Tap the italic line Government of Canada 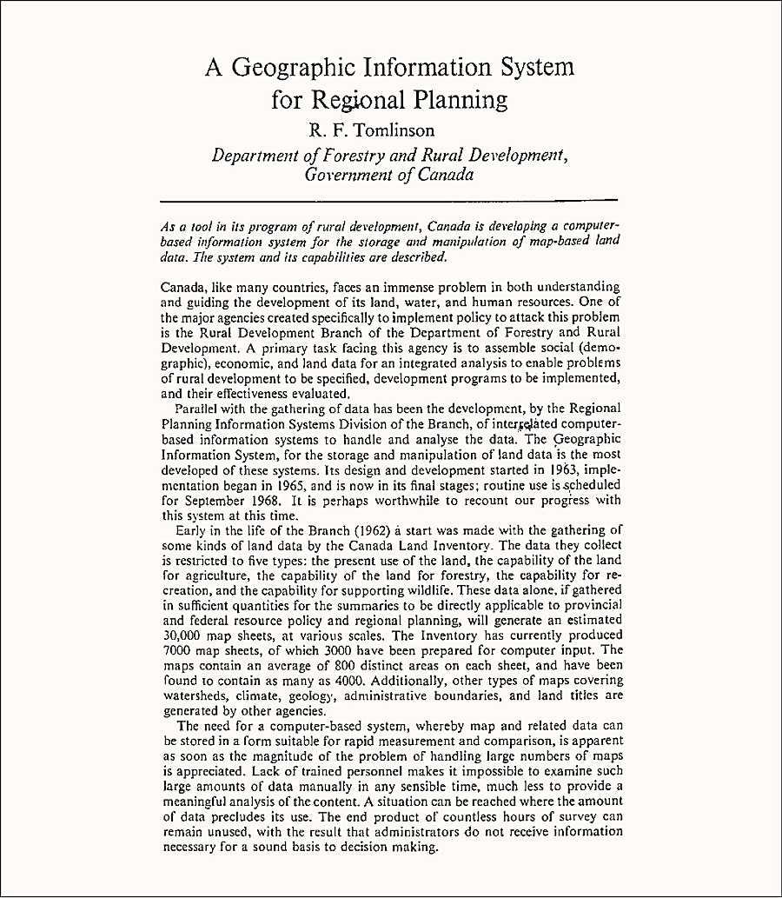point(388,174)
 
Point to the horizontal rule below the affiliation point(389,202)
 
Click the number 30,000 point(184,634)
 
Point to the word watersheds point(197,695)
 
